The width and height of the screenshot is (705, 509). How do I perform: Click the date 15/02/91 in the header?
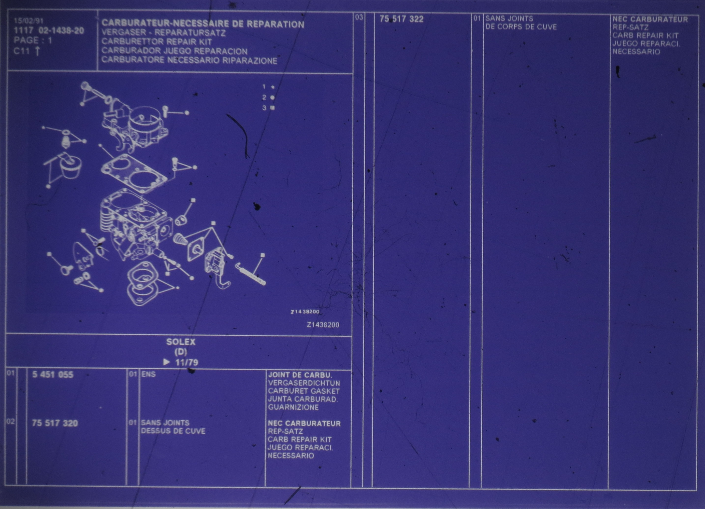coord(29,21)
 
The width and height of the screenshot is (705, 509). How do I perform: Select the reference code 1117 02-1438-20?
coord(49,30)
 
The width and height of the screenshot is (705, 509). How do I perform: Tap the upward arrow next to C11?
coord(37,51)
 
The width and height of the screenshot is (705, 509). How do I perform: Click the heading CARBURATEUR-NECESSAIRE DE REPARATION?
coord(203,24)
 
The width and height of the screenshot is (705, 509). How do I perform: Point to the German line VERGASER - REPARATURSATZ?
coord(163,33)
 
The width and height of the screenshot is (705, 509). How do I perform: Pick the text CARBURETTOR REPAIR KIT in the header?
coord(157,41)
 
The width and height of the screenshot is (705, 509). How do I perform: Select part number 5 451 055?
coord(53,374)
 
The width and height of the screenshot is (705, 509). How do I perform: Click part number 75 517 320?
coord(55,423)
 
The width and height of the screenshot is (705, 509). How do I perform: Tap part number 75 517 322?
coord(401,19)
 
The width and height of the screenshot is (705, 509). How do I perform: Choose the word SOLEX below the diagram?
coord(181,342)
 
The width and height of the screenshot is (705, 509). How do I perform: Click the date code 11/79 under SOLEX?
coord(187,362)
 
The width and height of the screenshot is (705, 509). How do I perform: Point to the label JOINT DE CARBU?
coord(300,375)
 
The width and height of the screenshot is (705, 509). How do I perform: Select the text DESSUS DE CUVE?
coord(173,431)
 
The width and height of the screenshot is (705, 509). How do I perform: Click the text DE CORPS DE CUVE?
coord(521,27)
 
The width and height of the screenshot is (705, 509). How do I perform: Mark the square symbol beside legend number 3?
coord(273,108)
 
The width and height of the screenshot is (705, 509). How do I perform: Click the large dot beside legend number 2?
coord(272,97)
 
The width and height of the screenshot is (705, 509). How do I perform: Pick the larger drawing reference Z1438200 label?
coord(323,325)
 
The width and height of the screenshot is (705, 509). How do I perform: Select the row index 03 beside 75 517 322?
coord(359,17)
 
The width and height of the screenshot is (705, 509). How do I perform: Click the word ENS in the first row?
coord(148,374)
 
